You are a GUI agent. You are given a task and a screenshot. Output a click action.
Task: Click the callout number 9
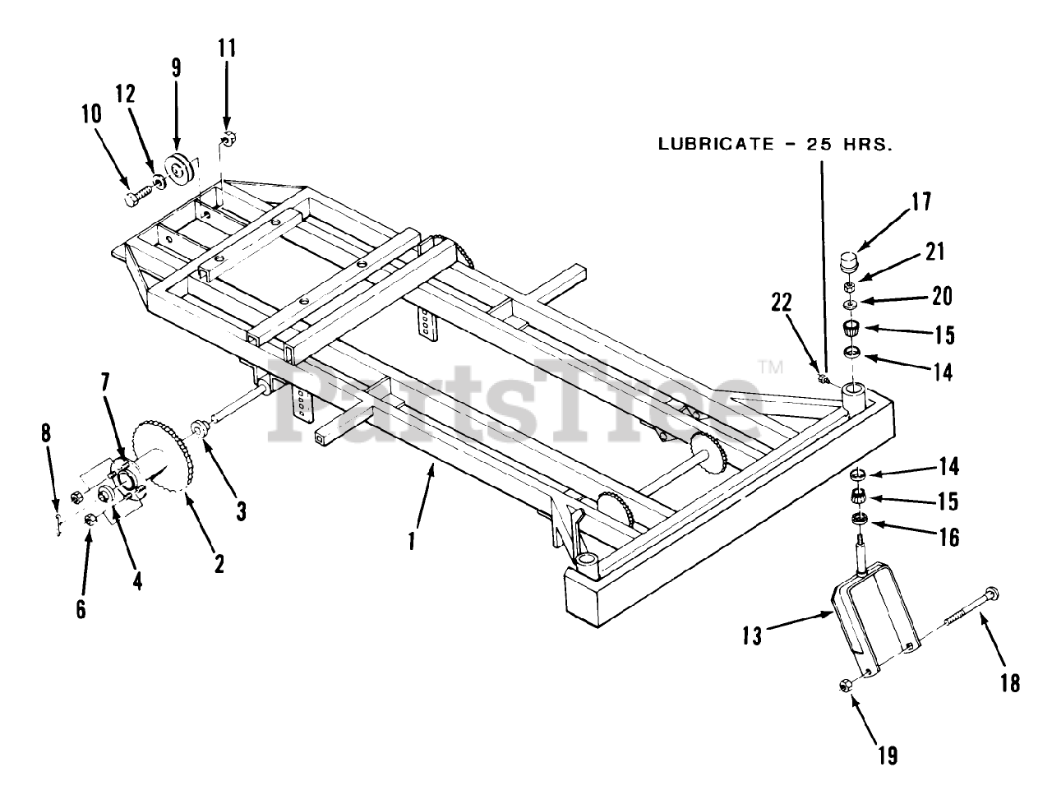[176, 67]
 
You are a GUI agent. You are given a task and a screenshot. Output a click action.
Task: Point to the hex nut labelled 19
[846, 685]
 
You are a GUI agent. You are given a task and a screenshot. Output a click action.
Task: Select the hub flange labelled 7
[123, 482]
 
